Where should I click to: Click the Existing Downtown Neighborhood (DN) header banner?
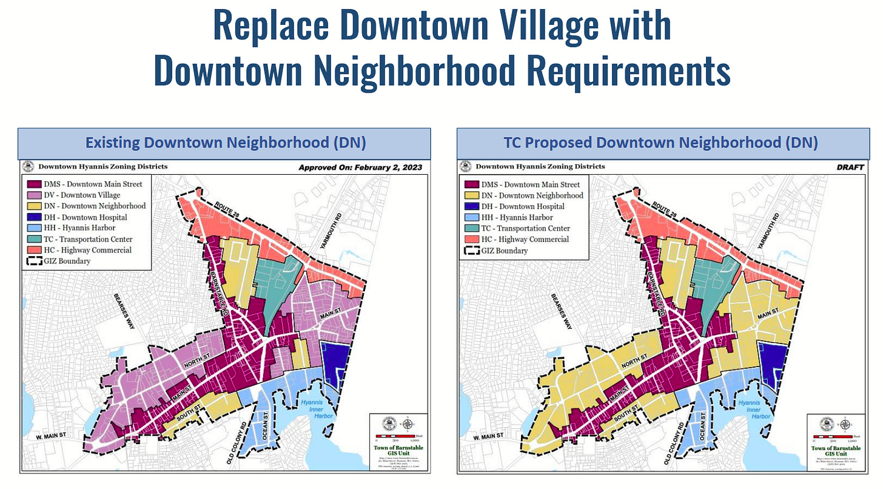pyautogui.click(x=224, y=143)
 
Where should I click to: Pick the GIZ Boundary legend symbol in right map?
pyautogui.click(x=471, y=251)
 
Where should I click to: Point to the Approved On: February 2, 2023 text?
pyautogui.click(x=361, y=167)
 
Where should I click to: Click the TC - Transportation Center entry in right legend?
pyautogui.click(x=525, y=228)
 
